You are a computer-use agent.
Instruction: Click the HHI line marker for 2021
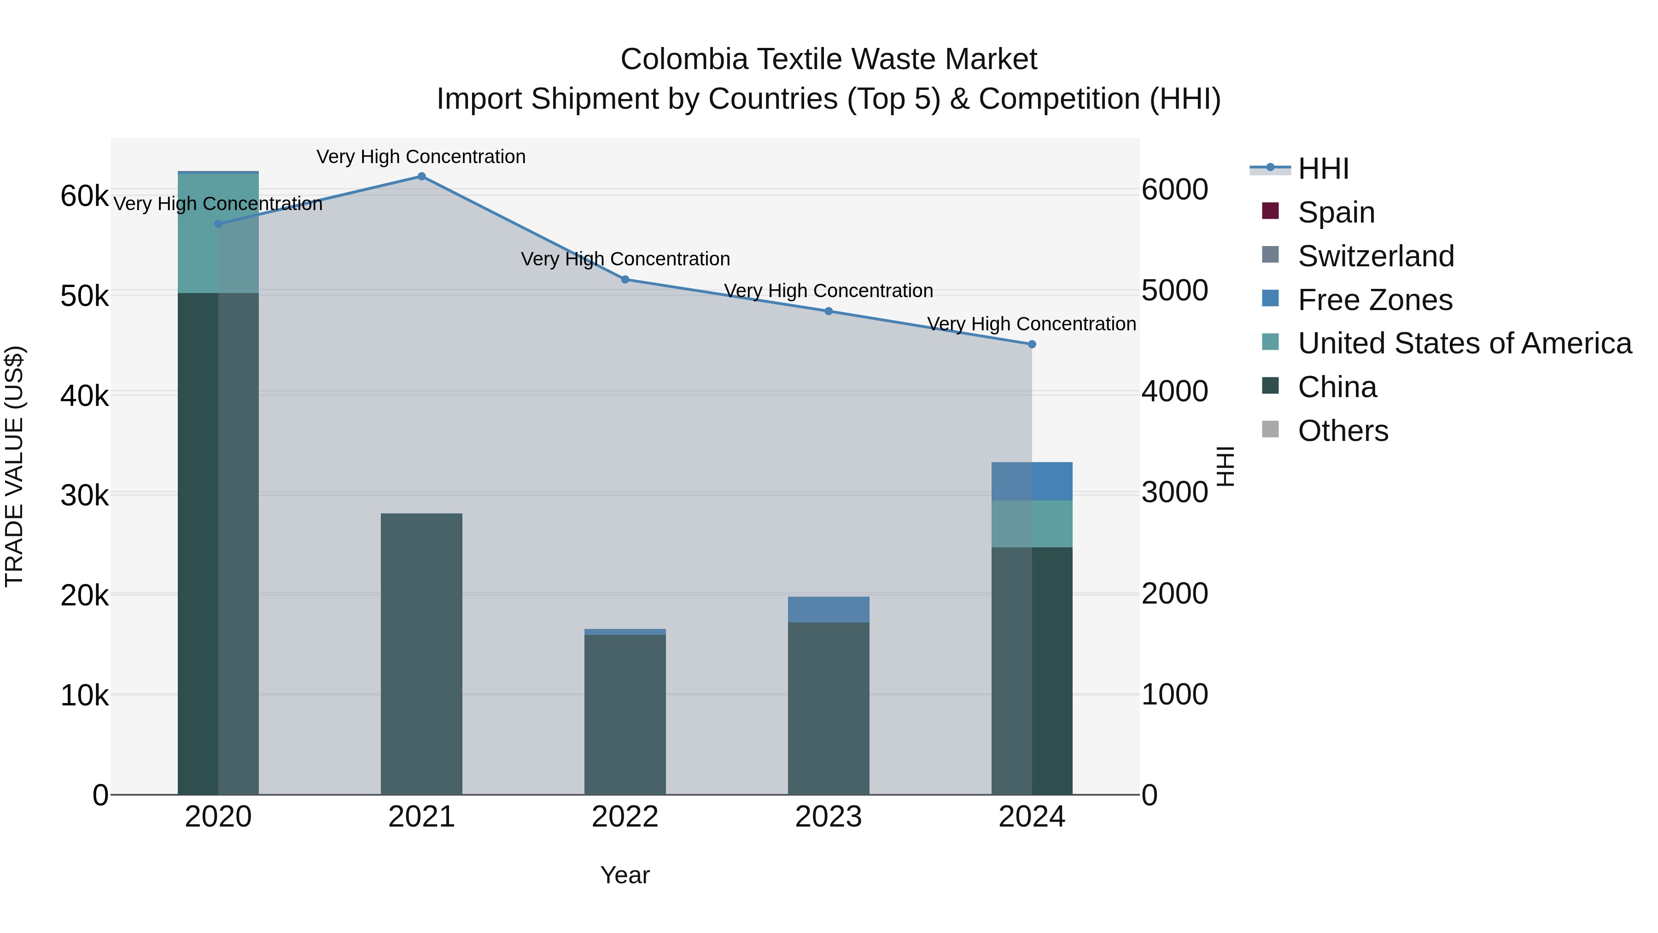(421, 176)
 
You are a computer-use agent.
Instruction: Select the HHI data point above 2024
(1032, 345)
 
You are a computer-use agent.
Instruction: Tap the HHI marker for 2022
(625, 280)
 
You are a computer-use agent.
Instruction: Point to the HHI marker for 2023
(829, 311)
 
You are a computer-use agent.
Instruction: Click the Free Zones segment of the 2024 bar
(1032, 481)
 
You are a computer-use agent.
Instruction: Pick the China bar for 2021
(421, 653)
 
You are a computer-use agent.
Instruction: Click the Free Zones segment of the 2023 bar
(829, 609)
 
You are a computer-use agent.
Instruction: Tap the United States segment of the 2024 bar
(1032, 523)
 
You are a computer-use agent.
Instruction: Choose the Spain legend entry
(1336, 212)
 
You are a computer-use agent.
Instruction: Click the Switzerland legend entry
(1375, 256)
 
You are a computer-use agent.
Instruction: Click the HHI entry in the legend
(1323, 169)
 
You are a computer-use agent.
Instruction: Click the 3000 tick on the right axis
(1174, 493)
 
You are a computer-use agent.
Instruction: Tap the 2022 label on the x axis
(625, 817)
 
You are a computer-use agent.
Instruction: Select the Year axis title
(625, 875)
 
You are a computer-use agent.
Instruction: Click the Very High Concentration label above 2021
(421, 157)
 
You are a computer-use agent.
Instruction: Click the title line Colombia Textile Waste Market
(829, 59)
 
